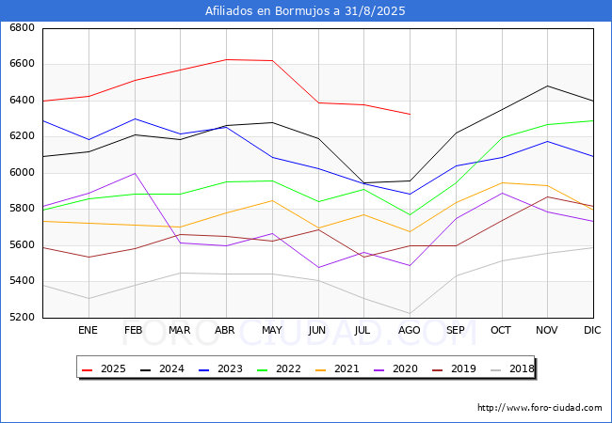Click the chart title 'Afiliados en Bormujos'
click(x=306, y=11)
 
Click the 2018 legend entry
click(x=513, y=368)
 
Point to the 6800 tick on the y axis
click(x=22, y=28)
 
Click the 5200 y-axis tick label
click(x=22, y=318)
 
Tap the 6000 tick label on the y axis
click(x=22, y=173)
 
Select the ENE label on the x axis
click(x=88, y=331)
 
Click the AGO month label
click(x=410, y=331)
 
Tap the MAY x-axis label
click(x=271, y=331)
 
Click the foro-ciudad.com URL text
click(x=540, y=408)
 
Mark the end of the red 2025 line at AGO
click(x=410, y=114)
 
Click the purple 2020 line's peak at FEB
click(x=134, y=173)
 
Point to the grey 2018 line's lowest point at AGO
click(x=410, y=313)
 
